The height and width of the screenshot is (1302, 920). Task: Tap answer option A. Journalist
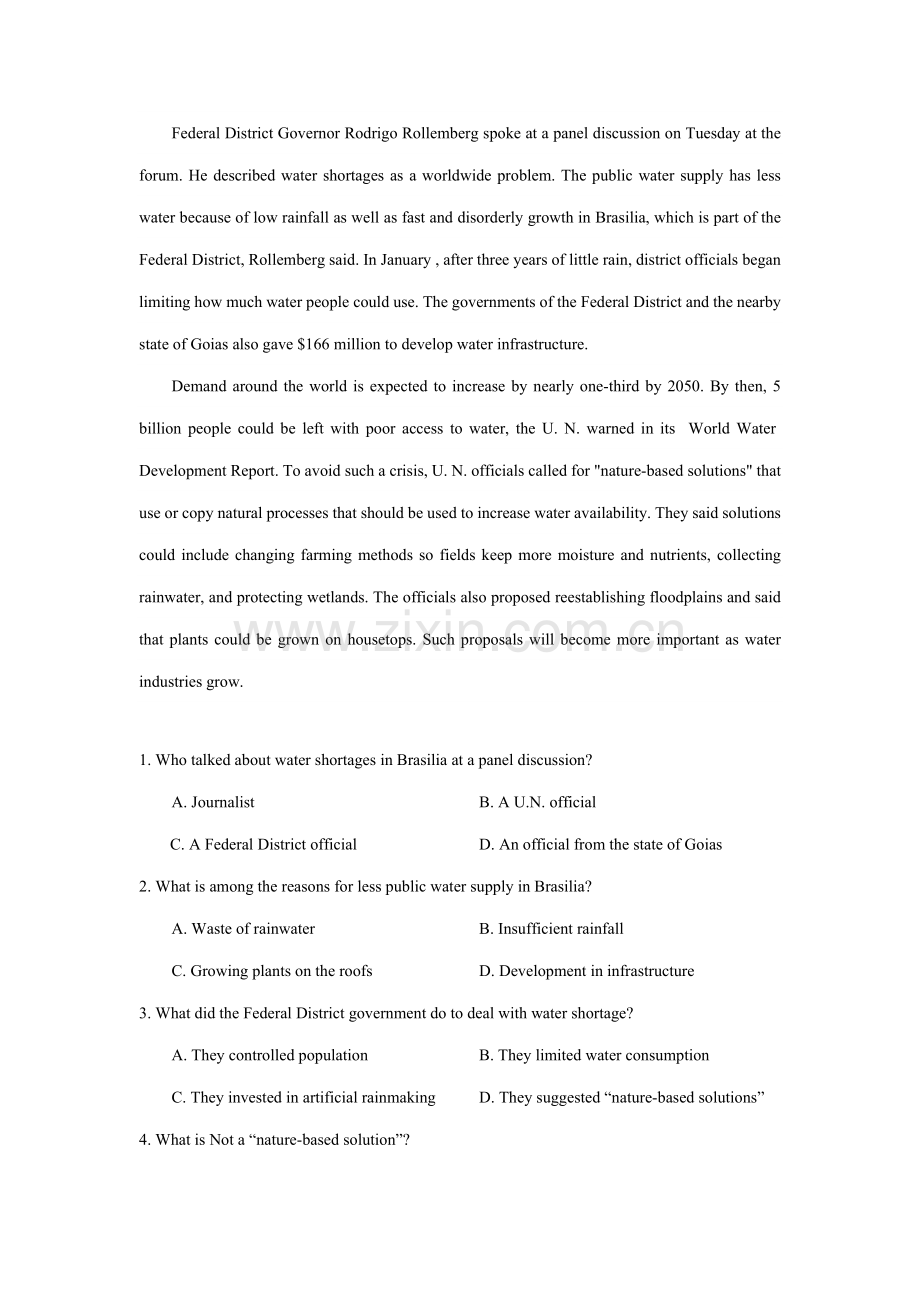pyautogui.click(x=213, y=802)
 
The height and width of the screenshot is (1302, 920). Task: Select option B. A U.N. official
pyautogui.click(x=537, y=802)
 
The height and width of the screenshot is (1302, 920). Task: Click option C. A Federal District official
pyautogui.click(x=263, y=844)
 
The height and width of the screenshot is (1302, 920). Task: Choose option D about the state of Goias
pyautogui.click(x=600, y=844)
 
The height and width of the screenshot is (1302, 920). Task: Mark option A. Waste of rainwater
pyautogui.click(x=243, y=929)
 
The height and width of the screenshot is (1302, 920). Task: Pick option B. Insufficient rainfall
pyautogui.click(x=551, y=929)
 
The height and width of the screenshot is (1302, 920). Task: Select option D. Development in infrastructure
pyautogui.click(x=586, y=971)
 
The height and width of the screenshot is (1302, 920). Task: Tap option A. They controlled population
pyautogui.click(x=270, y=1055)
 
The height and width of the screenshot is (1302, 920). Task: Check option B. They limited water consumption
pyautogui.click(x=594, y=1055)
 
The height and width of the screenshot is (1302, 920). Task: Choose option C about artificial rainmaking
pyautogui.click(x=303, y=1097)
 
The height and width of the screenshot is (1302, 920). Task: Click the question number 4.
pyautogui.click(x=145, y=1140)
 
